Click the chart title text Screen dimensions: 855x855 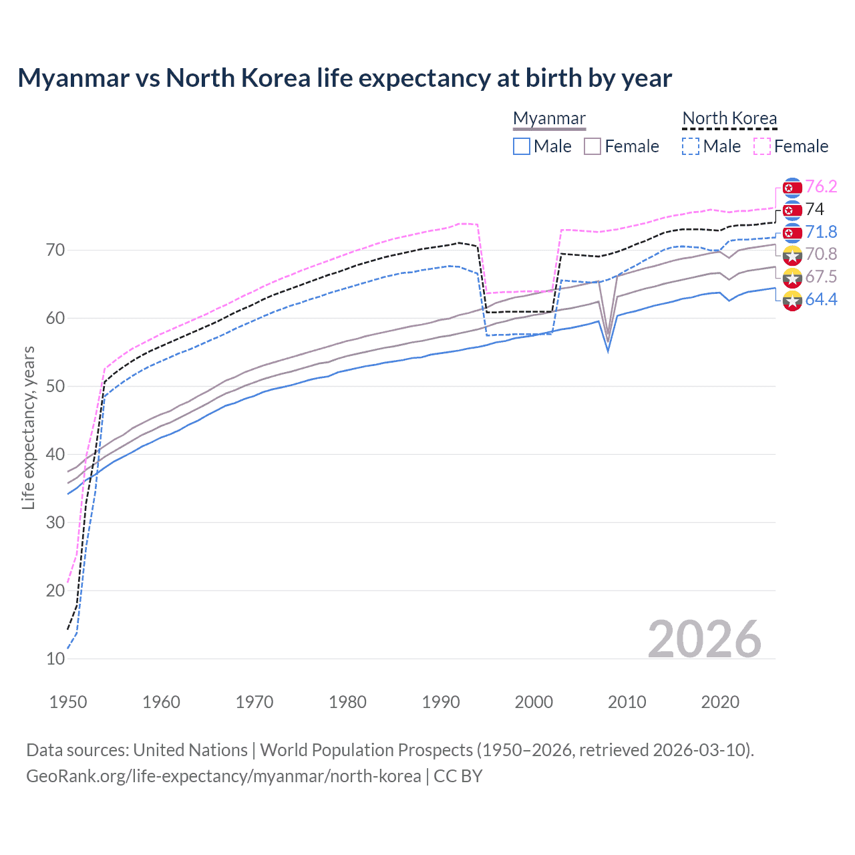pos(345,78)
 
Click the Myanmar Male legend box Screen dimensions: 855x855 pos(522,146)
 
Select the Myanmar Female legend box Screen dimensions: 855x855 pos(592,146)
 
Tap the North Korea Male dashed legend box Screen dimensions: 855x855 pos(691,146)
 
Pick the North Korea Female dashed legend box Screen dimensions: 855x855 pos(762,146)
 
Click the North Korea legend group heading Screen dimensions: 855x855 pos(729,118)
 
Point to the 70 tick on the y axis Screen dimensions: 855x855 pos(55,250)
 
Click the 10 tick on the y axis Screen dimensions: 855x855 pos(55,659)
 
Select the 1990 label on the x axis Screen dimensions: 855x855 pos(441,702)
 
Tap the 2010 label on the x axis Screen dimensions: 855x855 pos(627,702)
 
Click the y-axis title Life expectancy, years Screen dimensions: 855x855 pos(28,427)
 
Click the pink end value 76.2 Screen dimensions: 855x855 pos(821,186)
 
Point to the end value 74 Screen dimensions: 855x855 pos(814,209)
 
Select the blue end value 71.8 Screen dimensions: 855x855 pos(821,232)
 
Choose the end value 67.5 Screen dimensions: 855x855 pos(821,277)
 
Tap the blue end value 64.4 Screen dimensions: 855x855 pos(821,299)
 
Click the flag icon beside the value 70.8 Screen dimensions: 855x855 pos(792,254)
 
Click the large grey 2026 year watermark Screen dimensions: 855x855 pos(704,639)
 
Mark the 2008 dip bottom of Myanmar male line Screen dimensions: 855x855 pos(608,351)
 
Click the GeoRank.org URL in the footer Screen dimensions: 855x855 pos(224,776)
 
